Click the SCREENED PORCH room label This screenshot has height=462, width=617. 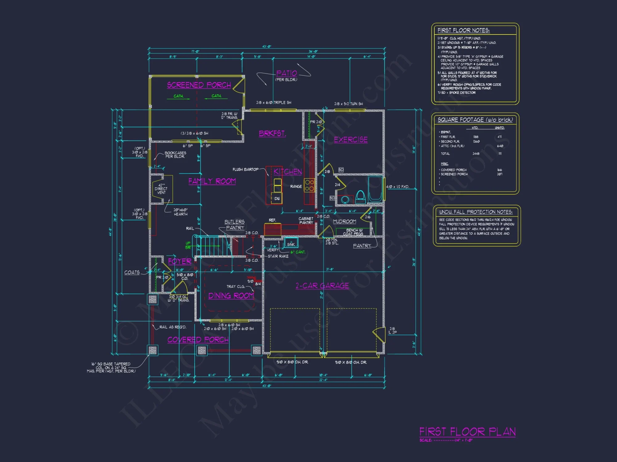point(199,85)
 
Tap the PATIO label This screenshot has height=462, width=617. point(286,73)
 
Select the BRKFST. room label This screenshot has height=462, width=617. point(272,133)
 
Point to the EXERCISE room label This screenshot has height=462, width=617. point(351,140)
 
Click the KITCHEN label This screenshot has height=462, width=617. point(288,172)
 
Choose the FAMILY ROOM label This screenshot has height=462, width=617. point(212,181)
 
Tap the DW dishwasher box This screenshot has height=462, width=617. point(277,199)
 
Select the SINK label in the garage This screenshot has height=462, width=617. point(291,244)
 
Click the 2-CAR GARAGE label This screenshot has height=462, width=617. point(322,286)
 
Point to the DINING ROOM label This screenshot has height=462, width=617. point(231,296)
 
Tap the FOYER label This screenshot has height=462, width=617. point(180,261)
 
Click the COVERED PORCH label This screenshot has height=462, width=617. point(198,340)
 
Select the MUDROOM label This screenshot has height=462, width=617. point(344,221)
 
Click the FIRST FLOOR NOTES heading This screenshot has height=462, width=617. point(463,30)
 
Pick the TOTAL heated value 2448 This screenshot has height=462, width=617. point(476,154)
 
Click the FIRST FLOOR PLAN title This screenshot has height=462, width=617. point(467,432)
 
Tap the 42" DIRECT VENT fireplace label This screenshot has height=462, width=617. point(161,189)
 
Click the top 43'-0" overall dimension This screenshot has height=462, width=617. point(267,47)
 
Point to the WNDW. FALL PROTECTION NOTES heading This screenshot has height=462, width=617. point(476,212)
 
